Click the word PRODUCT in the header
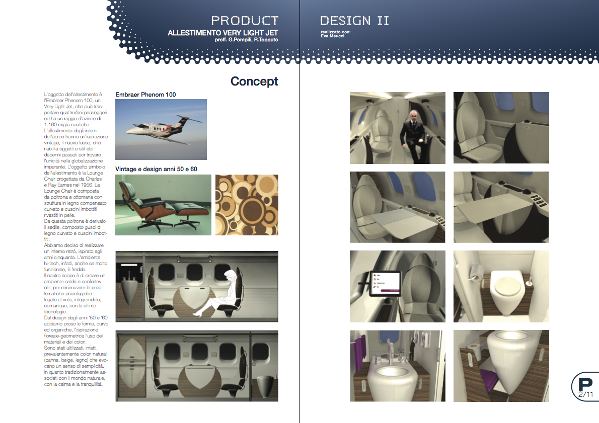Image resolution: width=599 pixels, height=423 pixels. [x=245, y=21]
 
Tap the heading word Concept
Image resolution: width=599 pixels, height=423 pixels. [x=254, y=81]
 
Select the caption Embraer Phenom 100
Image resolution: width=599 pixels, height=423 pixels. [x=145, y=94]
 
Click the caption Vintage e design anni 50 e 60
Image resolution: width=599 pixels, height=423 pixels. [x=156, y=168]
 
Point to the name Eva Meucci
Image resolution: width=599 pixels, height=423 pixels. [x=332, y=36]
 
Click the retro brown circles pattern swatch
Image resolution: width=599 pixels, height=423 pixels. [x=247, y=205]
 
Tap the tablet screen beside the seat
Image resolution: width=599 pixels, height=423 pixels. [x=385, y=283]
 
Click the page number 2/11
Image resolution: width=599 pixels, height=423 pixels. [x=585, y=394]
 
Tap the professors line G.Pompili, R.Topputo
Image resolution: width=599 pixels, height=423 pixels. [x=247, y=40]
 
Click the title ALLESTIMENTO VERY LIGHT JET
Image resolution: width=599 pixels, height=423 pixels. [x=222, y=33]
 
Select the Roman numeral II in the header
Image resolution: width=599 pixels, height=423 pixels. [x=383, y=21]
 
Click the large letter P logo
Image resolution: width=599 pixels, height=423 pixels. [x=585, y=385]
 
